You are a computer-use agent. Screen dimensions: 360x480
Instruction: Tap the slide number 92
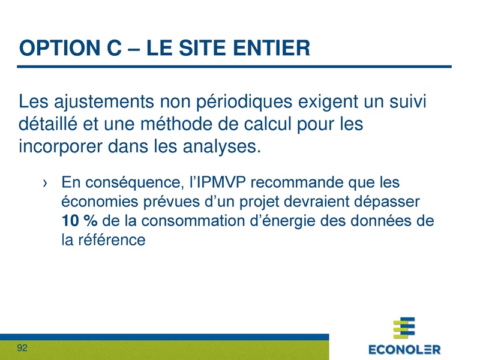[23, 348]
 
